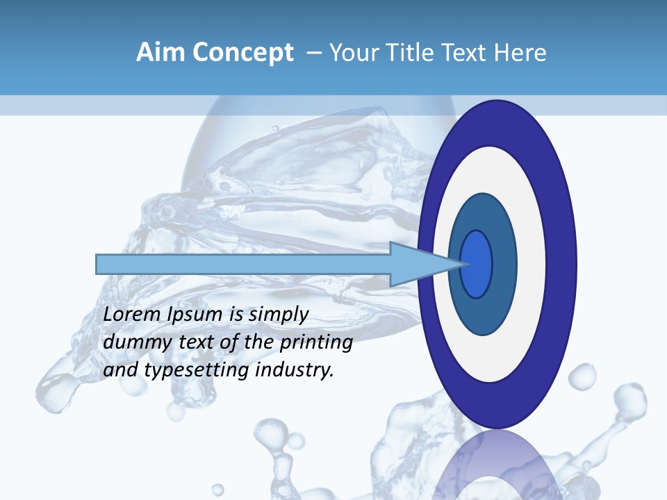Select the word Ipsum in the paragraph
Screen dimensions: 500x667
(195, 315)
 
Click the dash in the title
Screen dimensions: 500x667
(314, 53)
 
